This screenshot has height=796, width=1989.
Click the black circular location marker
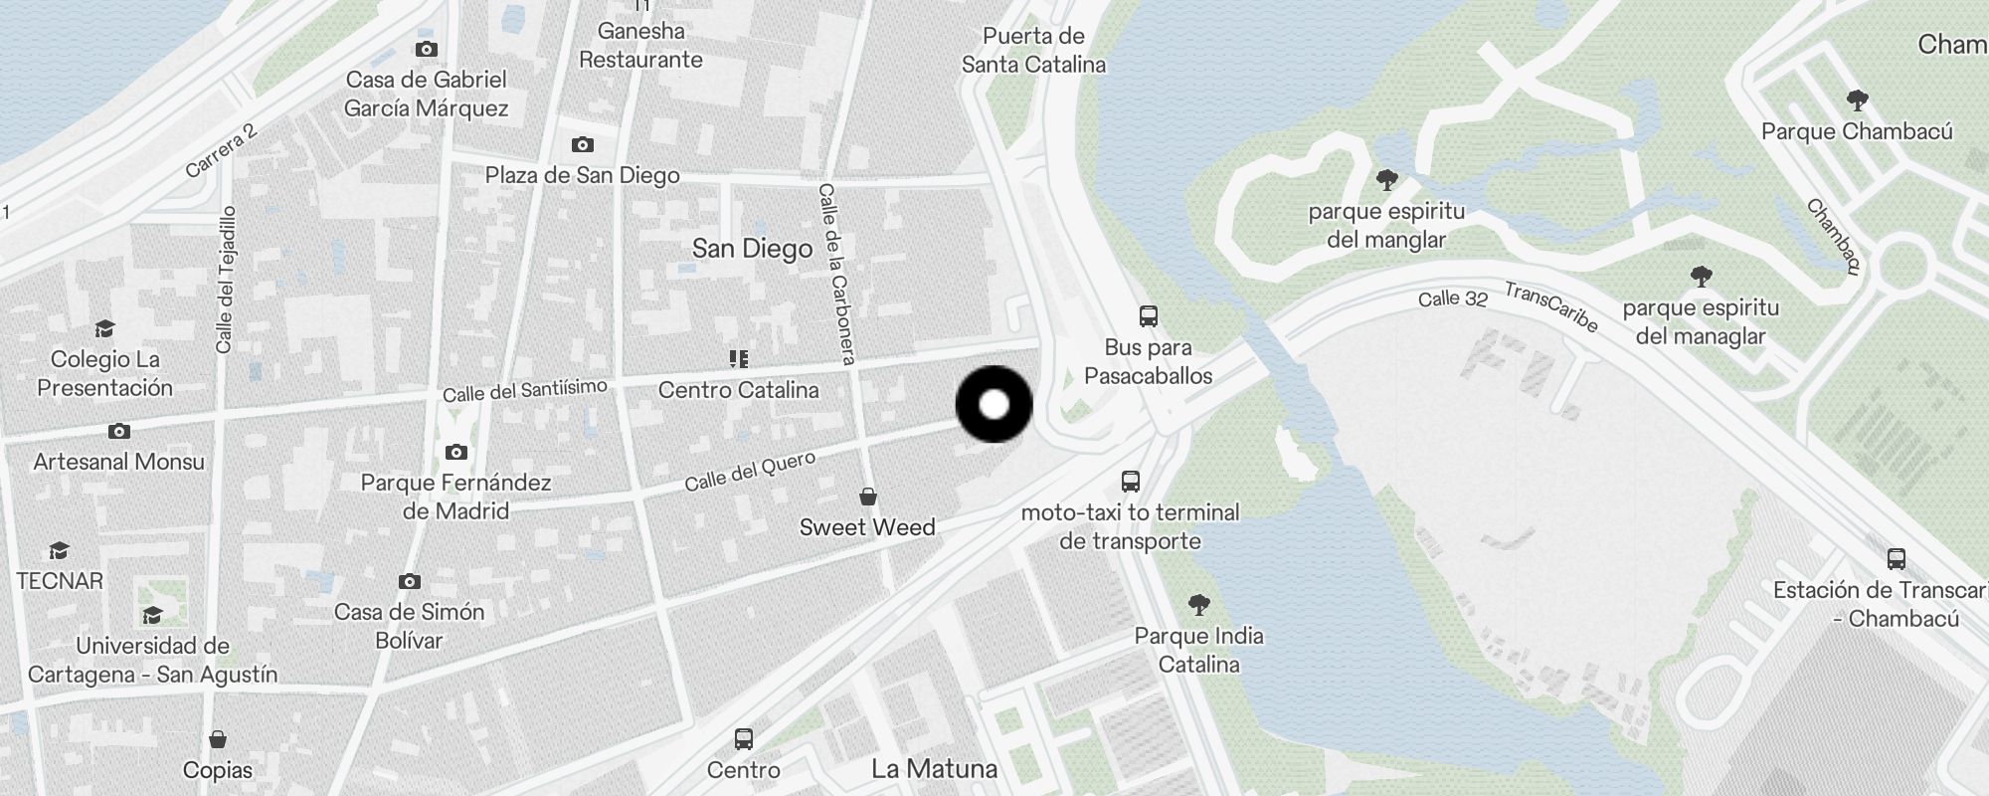(994, 404)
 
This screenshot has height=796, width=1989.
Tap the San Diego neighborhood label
(752, 248)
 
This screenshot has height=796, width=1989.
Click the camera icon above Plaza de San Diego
(583, 145)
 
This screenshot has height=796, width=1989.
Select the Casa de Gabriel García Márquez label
(427, 94)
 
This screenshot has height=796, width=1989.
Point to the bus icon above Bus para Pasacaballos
(1149, 317)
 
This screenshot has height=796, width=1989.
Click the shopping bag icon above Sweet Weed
(868, 497)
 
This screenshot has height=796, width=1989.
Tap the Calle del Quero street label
(750, 471)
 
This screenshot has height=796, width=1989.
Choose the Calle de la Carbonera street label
(836, 274)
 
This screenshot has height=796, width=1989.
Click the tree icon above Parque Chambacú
(1857, 100)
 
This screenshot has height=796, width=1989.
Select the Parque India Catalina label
(1198, 650)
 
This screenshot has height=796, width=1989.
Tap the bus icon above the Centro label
(744, 739)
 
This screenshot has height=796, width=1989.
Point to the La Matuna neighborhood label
(934, 768)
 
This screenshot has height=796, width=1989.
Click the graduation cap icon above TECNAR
(59, 550)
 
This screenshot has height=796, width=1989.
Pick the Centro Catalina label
(738, 390)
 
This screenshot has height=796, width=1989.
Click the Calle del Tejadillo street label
(226, 279)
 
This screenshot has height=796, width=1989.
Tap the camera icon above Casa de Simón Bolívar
(409, 581)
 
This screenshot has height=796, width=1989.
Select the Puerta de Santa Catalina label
(1033, 50)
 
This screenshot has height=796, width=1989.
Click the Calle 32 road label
(1452, 298)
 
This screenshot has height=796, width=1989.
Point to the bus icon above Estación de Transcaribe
(1896, 559)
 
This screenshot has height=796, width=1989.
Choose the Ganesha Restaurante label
(640, 45)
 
